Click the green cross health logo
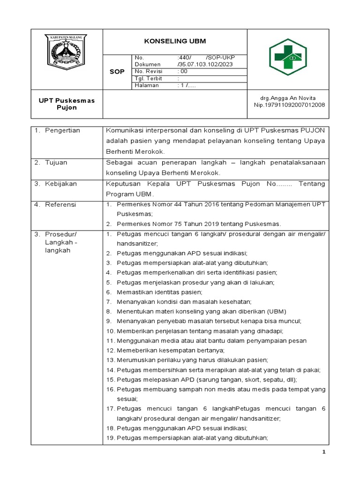tap(288, 57)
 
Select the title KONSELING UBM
tap(174, 41)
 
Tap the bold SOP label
tap(117, 72)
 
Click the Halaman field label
tap(147, 85)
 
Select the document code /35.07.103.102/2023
tap(205, 64)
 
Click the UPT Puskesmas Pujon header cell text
tap(67, 104)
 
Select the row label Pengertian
tap(62, 130)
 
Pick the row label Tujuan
tap(56, 162)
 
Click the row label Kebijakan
tap(60, 184)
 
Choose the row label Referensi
tap(60, 205)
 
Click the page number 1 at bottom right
tap(323, 452)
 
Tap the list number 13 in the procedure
tap(110, 360)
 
